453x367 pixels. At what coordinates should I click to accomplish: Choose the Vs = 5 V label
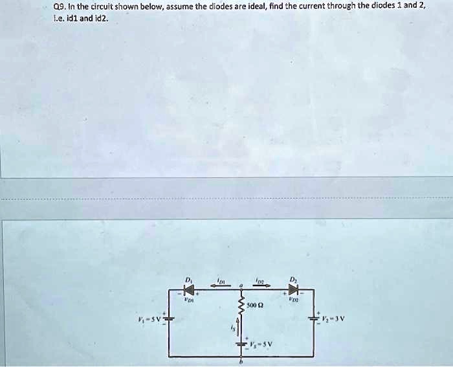pyautogui.click(x=260, y=343)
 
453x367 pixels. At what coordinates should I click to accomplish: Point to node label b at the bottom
pyautogui.click(x=240, y=362)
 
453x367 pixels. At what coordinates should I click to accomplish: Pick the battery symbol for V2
pyautogui.click(x=315, y=319)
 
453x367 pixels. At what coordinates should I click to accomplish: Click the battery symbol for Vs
pyautogui.click(x=240, y=342)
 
